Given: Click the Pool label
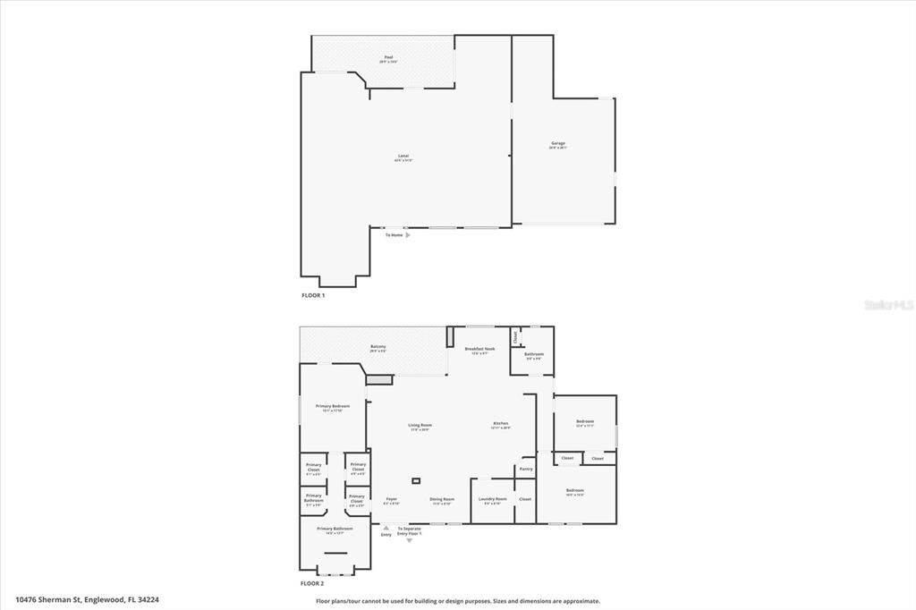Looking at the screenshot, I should pyautogui.click(x=389, y=57).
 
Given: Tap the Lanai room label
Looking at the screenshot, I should pyautogui.click(x=403, y=157).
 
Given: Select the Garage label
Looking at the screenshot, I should pyautogui.click(x=557, y=143).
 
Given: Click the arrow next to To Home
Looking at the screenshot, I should pyautogui.click(x=408, y=235).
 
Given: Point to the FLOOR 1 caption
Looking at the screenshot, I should pyautogui.click(x=312, y=294).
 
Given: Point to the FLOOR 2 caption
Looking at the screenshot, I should pyautogui.click(x=312, y=582).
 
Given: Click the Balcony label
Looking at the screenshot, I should pyautogui.click(x=378, y=347).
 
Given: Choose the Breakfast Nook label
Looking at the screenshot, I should pyautogui.click(x=479, y=349).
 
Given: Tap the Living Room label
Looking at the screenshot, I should pyautogui.click(x=420, y=425).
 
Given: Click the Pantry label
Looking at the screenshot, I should pyautogui.click(x=525, y=469).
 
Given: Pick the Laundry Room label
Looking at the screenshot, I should pyautogui.click(x=493, y=499).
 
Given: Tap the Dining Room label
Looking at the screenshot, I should pyautogui.click(x=442, y=499).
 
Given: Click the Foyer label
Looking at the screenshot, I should pyautogui.click(x=391, y=499).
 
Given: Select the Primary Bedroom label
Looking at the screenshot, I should pyautogui.click(x=333, y=406).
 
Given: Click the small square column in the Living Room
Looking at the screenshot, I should pyautogui.click(x=416, y=480).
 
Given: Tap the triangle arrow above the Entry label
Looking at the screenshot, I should pyautogui.click(x=386, y=528).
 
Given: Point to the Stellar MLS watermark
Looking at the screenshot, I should pyautogui.click(x=888, y=305).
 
